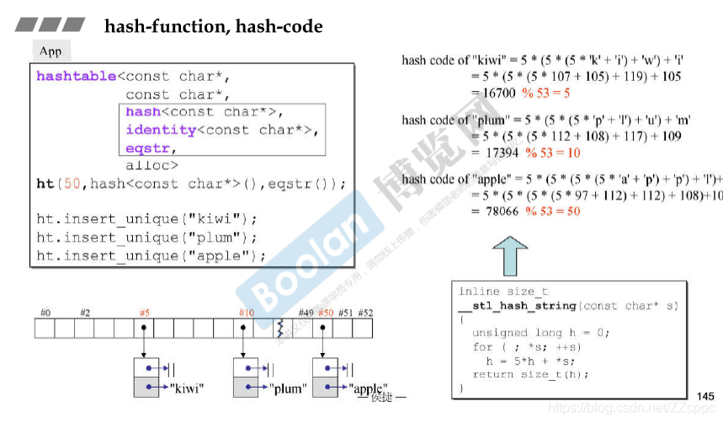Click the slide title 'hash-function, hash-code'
point(213,27)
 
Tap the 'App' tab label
point(51,51)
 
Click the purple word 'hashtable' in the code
point(76,77)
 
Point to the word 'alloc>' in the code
point(152,165)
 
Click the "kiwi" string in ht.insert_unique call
point(211,220)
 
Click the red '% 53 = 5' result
point(545,94)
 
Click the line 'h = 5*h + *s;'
point(527,361)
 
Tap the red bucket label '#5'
point(145,313)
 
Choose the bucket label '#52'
point(366,313)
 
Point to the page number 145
point(705,396)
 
